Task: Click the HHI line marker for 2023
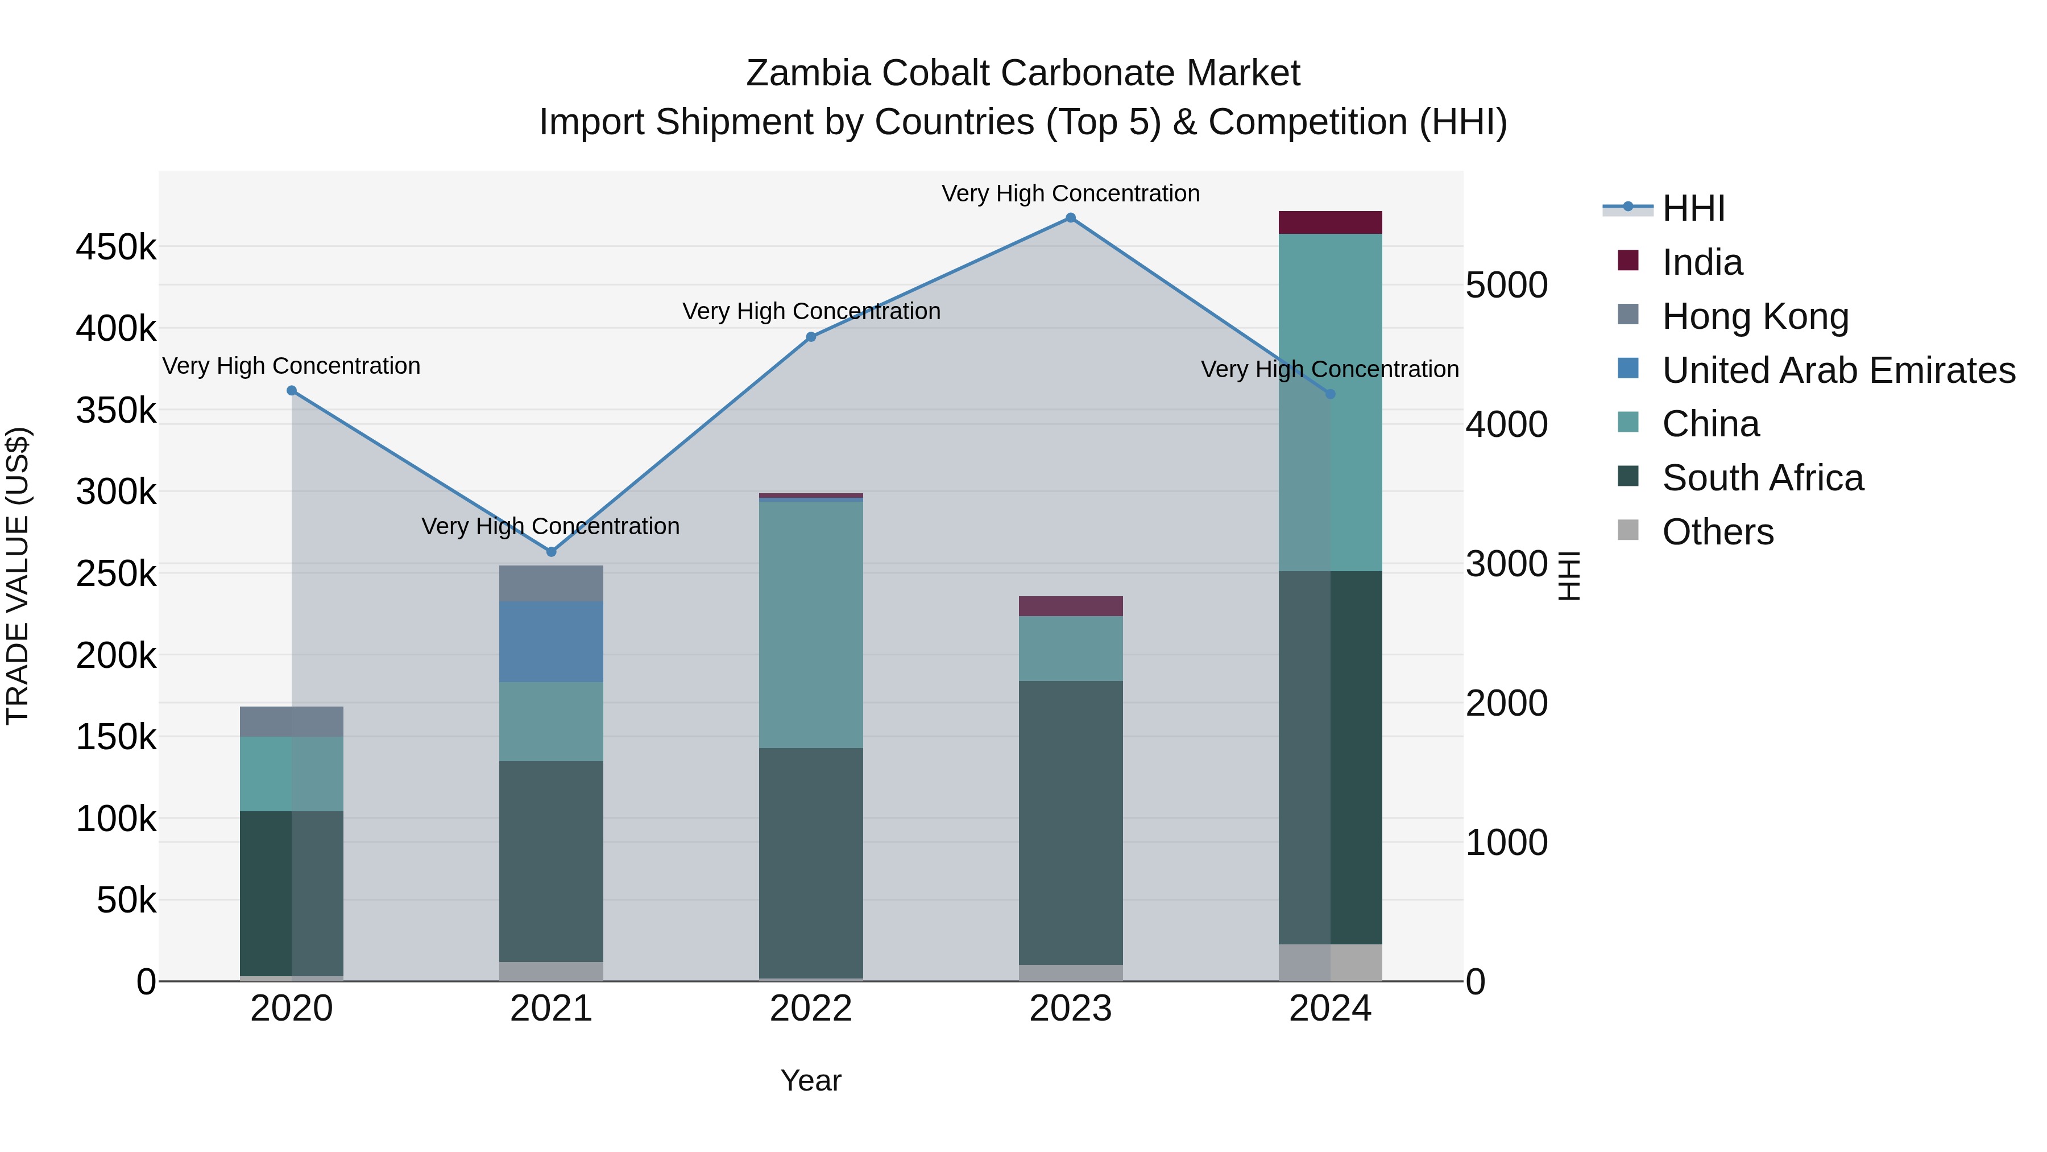(x=1070, y=218)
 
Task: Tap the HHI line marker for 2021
(x=552, y=552)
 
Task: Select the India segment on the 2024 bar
(x=1330, y=222)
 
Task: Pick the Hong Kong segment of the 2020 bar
(x=292, y=722)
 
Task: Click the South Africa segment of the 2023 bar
(x=1070, y=823)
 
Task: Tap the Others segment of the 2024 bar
(x=1330, y=963)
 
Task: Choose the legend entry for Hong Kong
(x=1755, y=316)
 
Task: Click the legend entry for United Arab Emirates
(x=1838, y=370)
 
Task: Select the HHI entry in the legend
(x=1693, y=208)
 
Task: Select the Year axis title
(x=810, y=1080)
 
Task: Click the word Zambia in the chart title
(x=808, y=73)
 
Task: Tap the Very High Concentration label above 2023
(x=1070, y=193)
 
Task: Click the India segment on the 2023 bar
(x=1070, y=606)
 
